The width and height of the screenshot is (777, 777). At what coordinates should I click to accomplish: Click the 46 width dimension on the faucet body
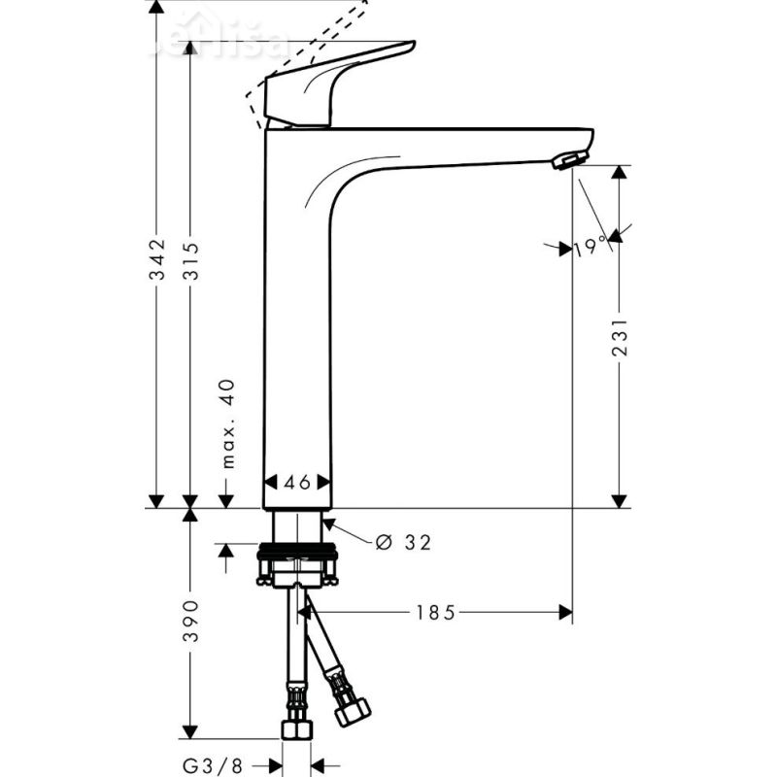coord(297,482)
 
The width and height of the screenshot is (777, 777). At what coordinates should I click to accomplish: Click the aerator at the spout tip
coord(570,160)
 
